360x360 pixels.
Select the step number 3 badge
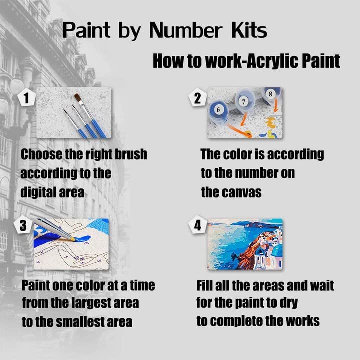click(23, 226)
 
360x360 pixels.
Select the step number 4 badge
click(198, 226)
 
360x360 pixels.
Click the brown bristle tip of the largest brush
click(78, 98)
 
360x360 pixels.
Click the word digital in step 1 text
click(39, 192)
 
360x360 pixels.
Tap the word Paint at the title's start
click(83, 30)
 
